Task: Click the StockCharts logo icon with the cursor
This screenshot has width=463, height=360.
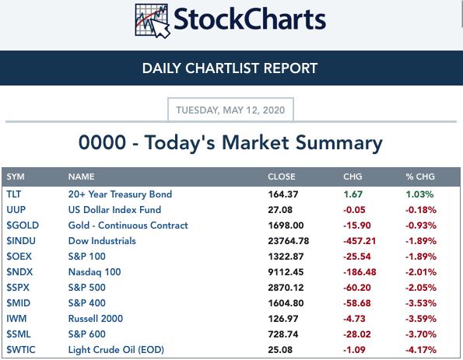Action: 153,21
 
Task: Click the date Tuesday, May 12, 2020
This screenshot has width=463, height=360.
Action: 230,110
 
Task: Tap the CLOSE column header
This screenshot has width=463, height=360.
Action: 282,177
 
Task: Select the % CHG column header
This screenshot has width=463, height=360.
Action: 420,177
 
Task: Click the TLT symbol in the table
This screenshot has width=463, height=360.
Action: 14,194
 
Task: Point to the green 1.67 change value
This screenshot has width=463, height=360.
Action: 353,194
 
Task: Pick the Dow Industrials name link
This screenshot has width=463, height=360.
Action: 102,241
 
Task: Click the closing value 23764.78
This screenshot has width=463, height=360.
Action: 289,241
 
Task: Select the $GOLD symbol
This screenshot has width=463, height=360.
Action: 23,225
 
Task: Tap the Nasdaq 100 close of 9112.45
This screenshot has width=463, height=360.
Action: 286,272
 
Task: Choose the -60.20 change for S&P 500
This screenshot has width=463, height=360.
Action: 357,288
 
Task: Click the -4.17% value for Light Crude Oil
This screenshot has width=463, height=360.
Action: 421,350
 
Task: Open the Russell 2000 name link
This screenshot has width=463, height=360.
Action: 96,318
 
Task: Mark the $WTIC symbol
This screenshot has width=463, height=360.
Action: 21,350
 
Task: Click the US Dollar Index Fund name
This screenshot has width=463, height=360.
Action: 114,210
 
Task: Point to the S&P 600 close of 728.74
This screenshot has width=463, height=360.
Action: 283,334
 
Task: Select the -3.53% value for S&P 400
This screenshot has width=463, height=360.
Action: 421,303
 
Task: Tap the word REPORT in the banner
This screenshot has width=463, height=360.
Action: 290,68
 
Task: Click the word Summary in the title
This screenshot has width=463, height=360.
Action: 339,143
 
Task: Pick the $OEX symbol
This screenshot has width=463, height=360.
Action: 19,256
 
